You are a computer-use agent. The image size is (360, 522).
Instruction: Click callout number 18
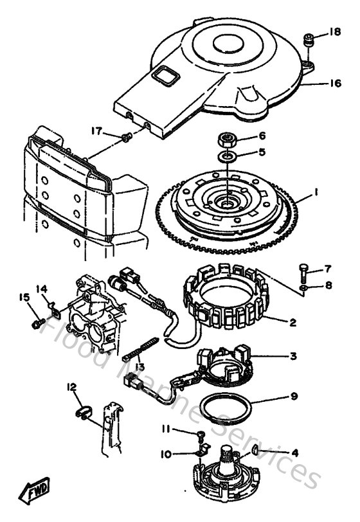pos(335,32)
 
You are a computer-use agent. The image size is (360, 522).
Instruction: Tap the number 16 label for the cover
pos(335,83)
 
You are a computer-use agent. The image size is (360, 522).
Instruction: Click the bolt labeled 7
pos(305,269)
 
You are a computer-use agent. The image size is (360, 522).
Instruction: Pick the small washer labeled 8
pos(304,285)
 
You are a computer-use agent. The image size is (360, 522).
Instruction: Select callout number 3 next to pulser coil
pos(293,356)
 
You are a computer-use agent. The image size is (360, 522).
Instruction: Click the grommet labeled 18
pos(309,41)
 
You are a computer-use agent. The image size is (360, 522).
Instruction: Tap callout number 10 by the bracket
pos(165,454)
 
